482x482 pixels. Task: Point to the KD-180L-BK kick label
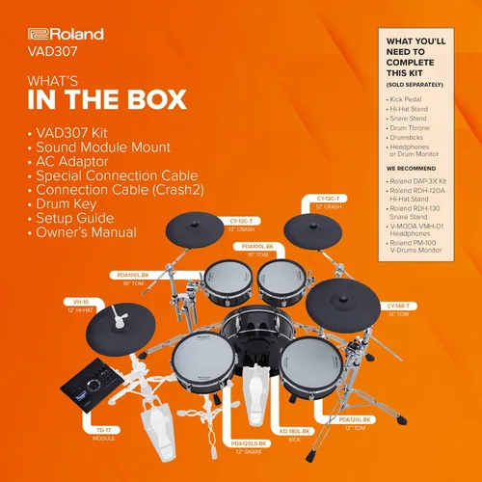pyautogui.click(x=294, y=433)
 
